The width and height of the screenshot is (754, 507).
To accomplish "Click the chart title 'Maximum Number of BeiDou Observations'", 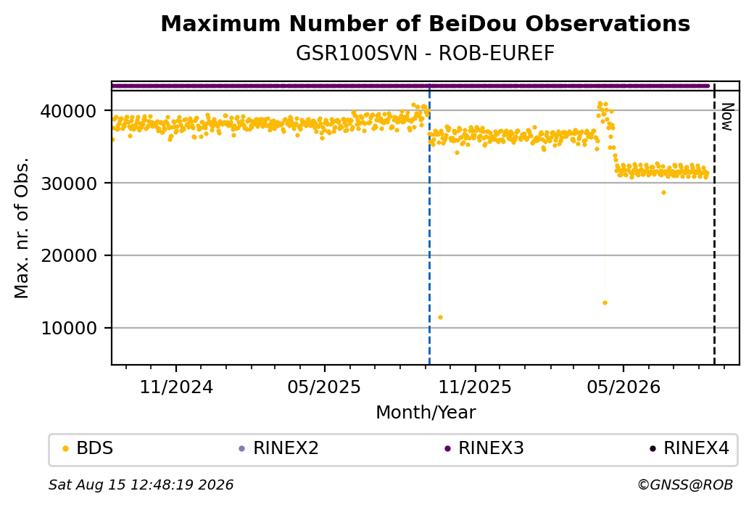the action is point(425,23).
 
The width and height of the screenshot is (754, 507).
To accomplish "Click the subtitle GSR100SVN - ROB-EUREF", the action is point(425,54).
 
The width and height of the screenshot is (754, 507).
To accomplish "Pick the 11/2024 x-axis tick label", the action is point(176,387).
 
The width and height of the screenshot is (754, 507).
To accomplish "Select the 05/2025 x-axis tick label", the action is point(324,387).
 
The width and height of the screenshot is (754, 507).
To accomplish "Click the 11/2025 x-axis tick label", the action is point(475,387).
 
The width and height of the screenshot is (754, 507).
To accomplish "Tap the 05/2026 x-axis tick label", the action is point(623,387).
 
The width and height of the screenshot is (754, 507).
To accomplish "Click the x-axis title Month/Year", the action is point(426,412).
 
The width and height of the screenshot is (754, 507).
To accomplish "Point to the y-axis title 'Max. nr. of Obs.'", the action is point(22,228).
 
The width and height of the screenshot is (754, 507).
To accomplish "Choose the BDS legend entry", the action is point(88,448).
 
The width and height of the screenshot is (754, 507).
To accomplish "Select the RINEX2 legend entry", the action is point(279,448).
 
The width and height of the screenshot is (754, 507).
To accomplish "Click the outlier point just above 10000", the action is point(440,318).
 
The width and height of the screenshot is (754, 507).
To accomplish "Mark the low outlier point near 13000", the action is point(605,303).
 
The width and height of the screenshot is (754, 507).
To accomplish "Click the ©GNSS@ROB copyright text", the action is point(685,485).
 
